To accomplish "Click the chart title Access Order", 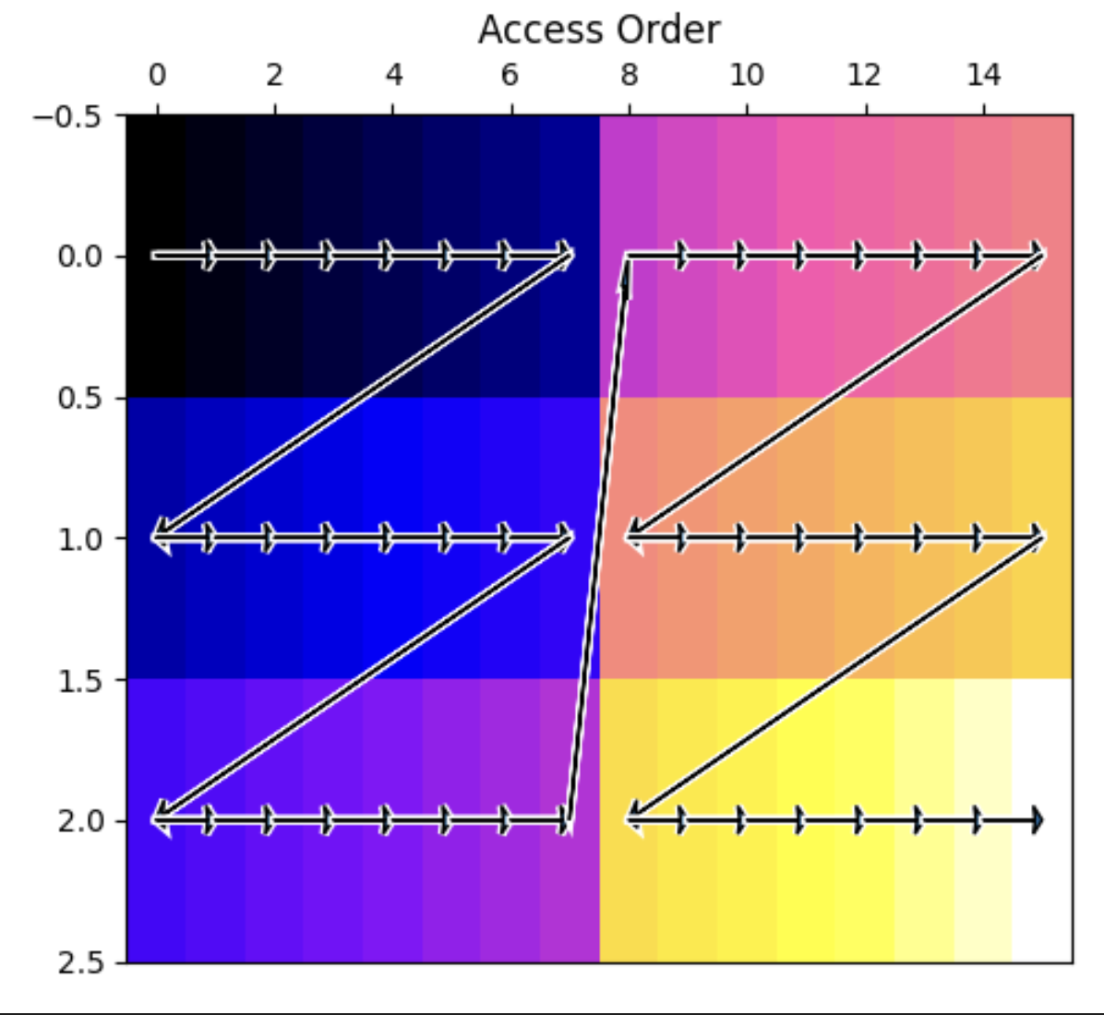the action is pyautogui.click(x=599, y=30).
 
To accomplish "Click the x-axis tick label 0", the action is pyautogui.click(x=157, y=75).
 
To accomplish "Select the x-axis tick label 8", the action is pyautogui.click(x=630, y=75).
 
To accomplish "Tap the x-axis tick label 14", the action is pyautogui.click(x=984, y=75).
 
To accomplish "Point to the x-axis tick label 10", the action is pyautogui.click(x=747, y=75).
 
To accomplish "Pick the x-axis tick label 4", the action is pyautogui.click(x=393, y=75).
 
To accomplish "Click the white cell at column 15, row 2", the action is pyautogui.click(x=1043, y=820).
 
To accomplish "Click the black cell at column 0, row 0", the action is pyautogui.click(x=156, y=257).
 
